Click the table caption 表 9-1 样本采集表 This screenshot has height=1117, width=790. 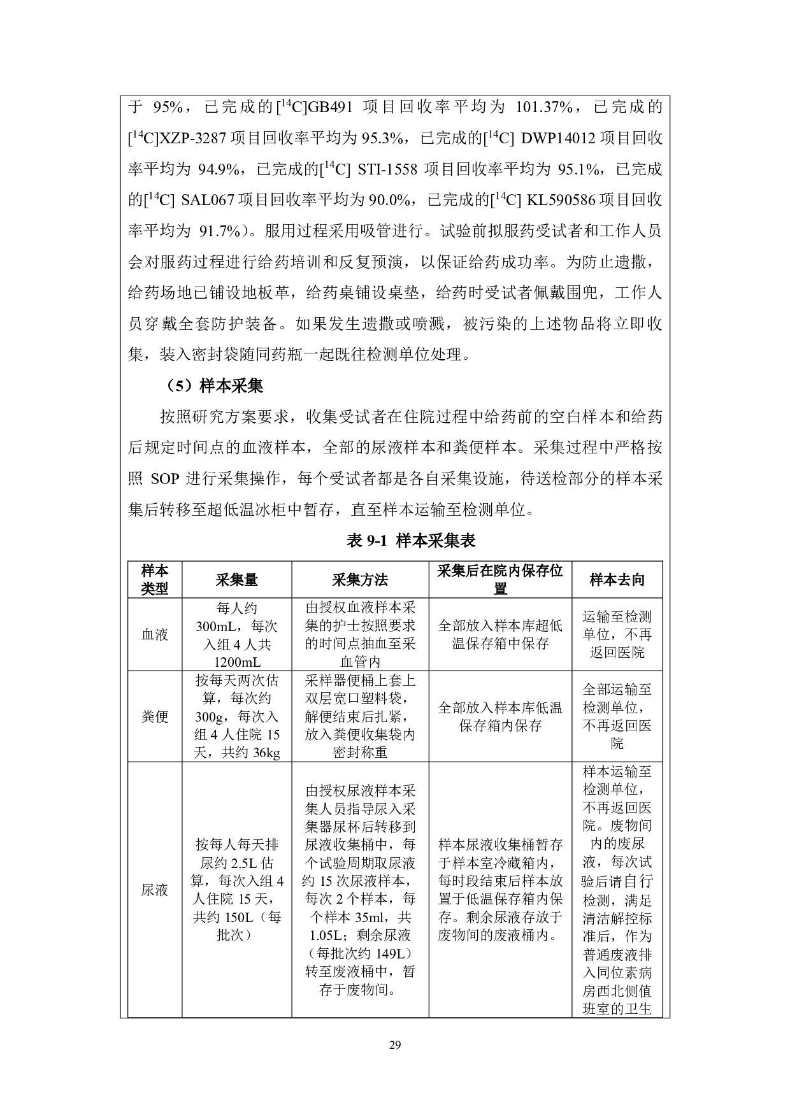point(411,541)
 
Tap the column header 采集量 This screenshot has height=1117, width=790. point(236,580)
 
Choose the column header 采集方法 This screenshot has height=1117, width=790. point(360,580)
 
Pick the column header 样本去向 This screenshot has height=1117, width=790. point(617,580)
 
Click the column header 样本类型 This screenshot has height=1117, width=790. point(155,580)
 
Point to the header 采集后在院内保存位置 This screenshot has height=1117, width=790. point(500,580)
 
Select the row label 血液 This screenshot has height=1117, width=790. point(155,634)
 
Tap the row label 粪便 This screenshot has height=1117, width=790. point(155,716)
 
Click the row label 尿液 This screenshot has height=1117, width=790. point(155,890)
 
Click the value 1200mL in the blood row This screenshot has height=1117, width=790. point(236,662)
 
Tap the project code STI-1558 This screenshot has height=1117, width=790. point(387,169)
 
